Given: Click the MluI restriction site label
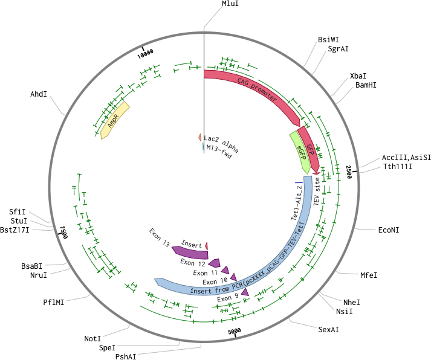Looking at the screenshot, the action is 230,4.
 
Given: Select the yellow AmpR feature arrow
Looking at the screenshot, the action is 115,120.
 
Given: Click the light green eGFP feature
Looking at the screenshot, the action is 301,152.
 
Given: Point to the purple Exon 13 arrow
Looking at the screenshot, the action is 190,252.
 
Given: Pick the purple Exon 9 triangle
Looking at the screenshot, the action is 245,292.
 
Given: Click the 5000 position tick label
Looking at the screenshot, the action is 235,331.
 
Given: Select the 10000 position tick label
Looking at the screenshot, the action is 146,53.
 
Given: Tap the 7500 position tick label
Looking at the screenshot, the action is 63,232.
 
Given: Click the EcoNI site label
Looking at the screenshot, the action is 389,230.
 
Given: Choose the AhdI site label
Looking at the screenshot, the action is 39,94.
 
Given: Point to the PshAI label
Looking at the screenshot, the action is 126,356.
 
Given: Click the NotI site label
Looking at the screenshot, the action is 92,339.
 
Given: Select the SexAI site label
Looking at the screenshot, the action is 328,330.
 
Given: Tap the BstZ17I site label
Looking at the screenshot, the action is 15,230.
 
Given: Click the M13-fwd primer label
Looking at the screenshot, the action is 219,152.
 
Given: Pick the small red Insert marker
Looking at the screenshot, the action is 206,246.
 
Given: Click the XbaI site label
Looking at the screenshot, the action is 358,76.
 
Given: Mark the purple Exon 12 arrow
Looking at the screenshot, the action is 215,263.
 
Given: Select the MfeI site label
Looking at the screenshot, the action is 369,275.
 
